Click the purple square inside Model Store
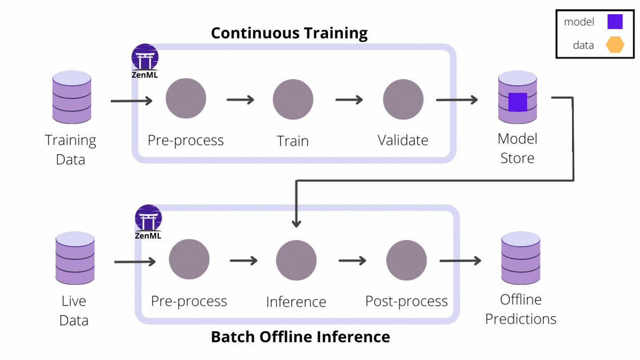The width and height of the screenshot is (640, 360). (x=517, y=102)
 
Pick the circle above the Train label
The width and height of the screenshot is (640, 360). (x=293, y=100)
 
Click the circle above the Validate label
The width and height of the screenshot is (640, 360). (x=403, y=100)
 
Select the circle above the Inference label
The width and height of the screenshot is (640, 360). (x=296, y=261)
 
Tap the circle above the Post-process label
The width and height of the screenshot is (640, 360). (x=406, y=261)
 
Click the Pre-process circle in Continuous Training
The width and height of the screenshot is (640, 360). (x=186, y=99)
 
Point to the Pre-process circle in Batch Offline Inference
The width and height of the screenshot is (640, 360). (x=189, y=260)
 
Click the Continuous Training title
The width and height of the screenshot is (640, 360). (x=289, y=33)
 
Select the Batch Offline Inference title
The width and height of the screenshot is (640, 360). (x=300, y=337)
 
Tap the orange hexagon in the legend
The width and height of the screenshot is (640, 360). (x=616, y=45)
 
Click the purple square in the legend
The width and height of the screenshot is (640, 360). (x=615, y=22)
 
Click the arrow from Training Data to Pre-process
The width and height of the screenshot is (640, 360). (x=132, y=101)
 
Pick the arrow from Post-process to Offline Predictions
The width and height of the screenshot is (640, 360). (x=460, y=261)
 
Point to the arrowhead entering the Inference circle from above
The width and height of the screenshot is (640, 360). (x=296, y=223)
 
